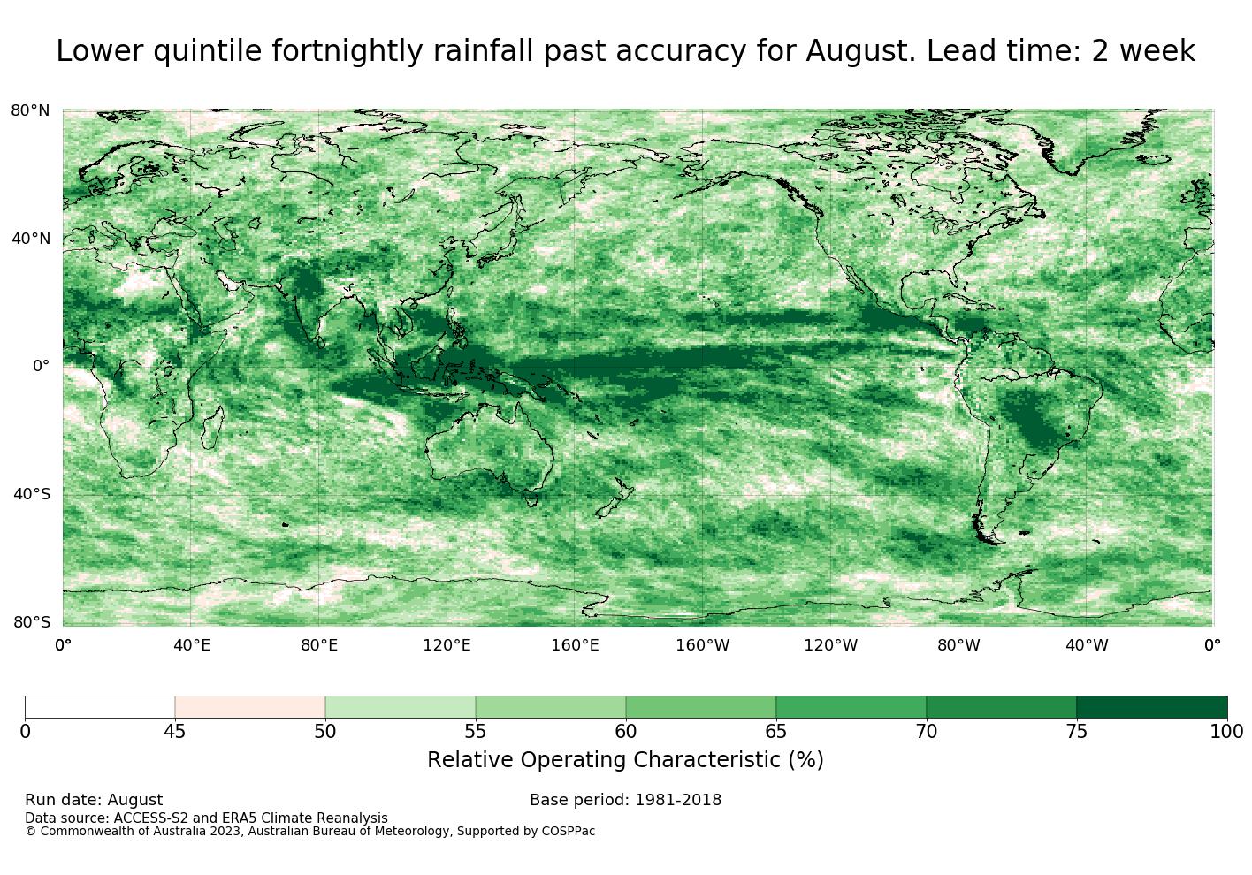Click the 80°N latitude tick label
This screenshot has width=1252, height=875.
click(30, 110)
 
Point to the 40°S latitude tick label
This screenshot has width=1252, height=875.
click(32, 494)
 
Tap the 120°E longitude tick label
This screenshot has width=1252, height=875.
click(447, 645)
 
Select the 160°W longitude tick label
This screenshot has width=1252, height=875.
click(703, 645)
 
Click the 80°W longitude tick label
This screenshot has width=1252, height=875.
click(958, 645)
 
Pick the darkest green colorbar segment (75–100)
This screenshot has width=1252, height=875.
click(1152, 707)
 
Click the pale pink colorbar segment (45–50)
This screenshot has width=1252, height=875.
click(250, 707)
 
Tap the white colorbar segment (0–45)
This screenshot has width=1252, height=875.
click(100, 707)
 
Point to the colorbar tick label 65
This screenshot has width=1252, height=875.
click(775, 732)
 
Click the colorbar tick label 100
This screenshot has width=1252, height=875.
click(1227, 732)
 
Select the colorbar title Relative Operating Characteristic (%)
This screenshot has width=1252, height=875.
click(625, 760)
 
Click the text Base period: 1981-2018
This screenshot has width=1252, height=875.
click(625, 800)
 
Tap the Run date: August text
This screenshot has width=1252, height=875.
click(94, 800)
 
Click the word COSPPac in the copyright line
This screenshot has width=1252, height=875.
click(568, 831)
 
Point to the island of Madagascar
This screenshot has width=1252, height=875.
click(213, 427)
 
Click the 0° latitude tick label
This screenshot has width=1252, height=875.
click(42, 366)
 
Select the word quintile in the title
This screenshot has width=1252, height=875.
click(207, 51)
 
